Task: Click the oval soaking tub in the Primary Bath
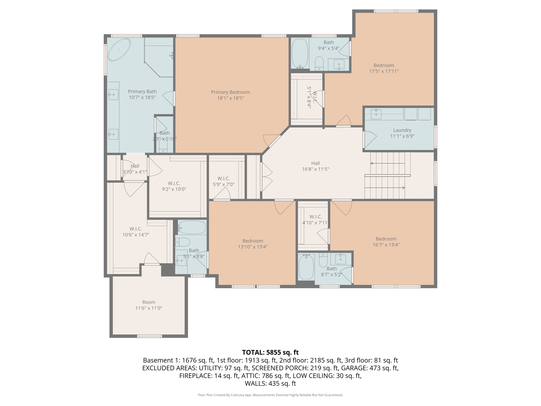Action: pos(119,50)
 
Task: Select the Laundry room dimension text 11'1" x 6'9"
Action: pos(402,136)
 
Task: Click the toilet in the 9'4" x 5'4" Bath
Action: pos(319,63)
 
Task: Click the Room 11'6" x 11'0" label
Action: pos(149,305)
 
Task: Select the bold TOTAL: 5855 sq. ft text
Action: pos(270,352)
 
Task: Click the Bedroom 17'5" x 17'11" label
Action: pos(384,68)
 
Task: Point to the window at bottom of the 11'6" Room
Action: pos(150,336)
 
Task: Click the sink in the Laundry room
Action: pos(376,114)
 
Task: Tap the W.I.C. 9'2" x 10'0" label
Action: pos(174,186)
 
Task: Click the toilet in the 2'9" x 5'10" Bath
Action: pos(163,146)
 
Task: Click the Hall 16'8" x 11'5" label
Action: pos(315,166)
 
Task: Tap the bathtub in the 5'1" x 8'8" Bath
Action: pos(192,227)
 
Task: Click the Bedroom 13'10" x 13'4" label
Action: pos(253,244)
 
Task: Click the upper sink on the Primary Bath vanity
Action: pos(113,94)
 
